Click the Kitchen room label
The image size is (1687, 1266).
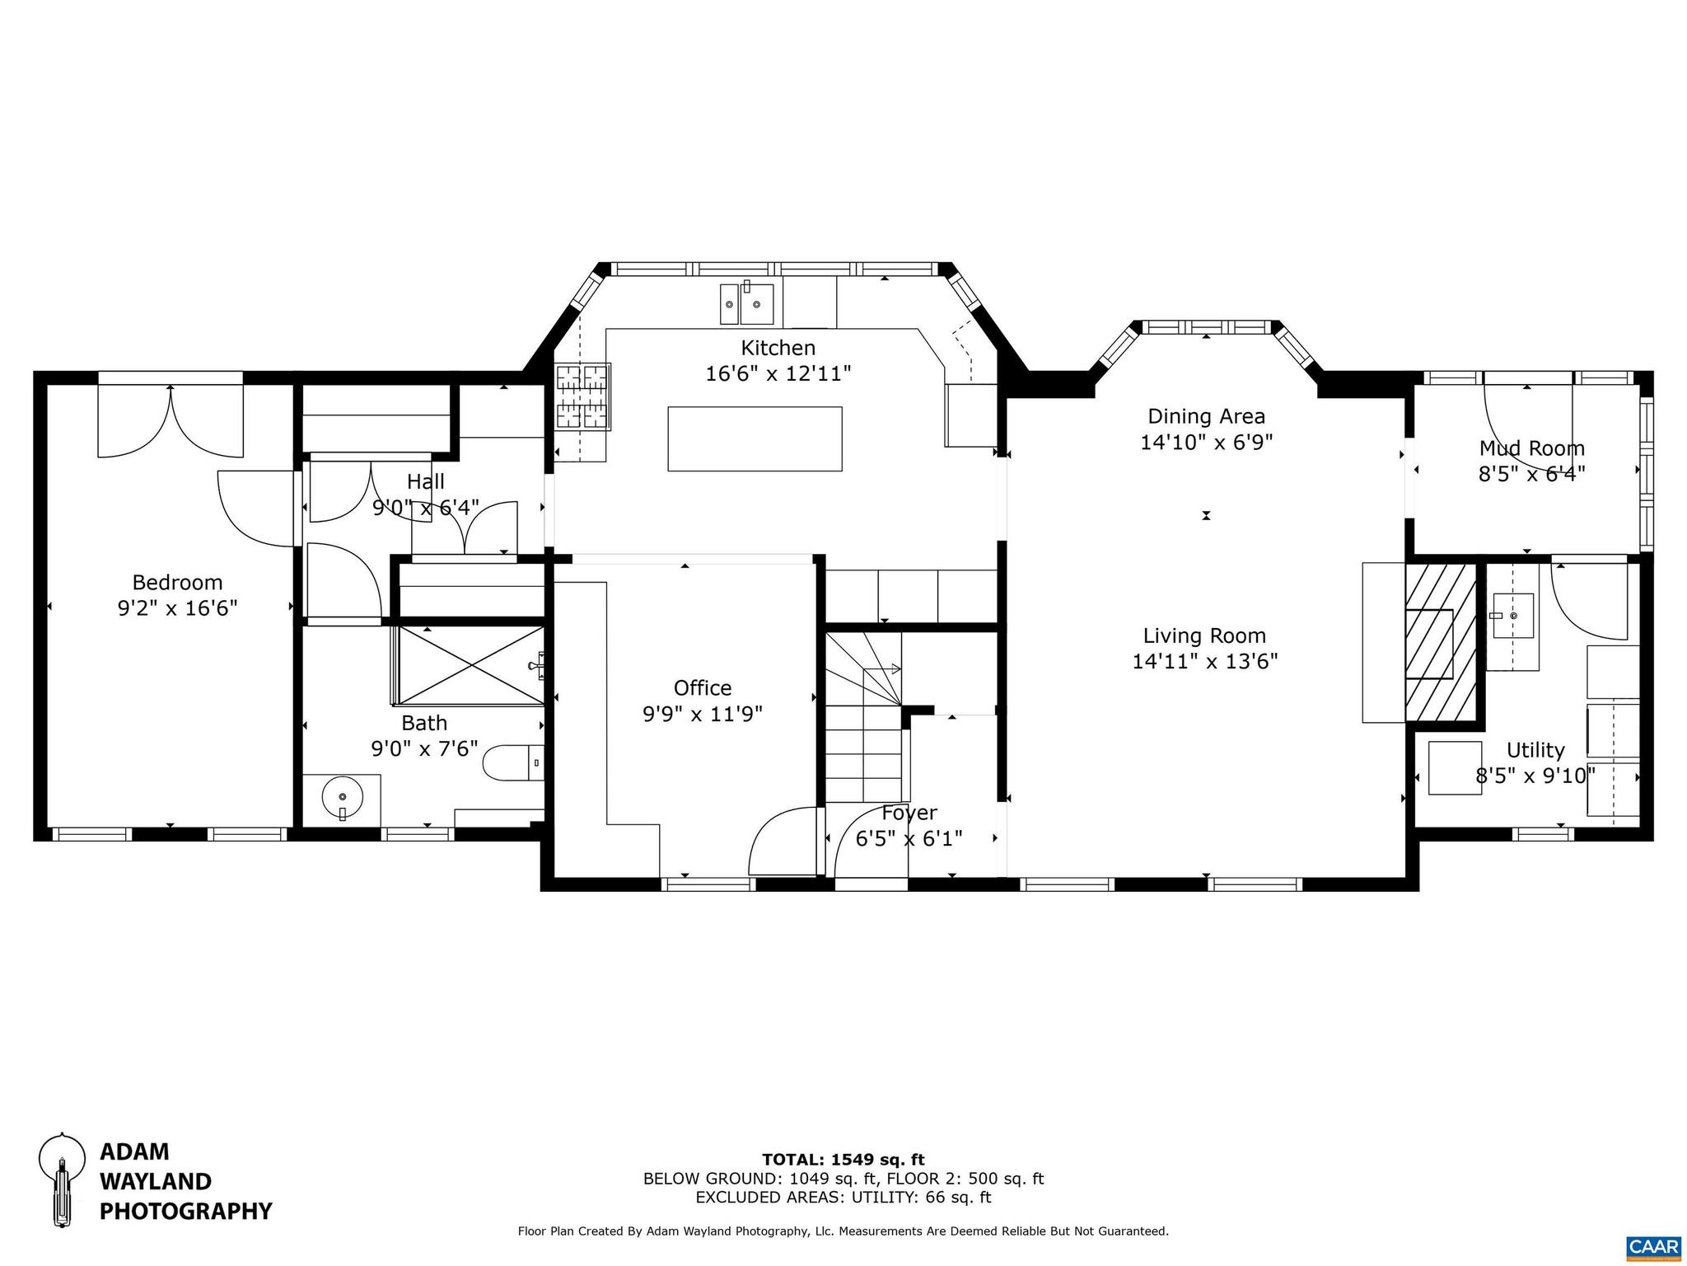point(778,348)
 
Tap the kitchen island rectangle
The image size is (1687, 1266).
point(755,438)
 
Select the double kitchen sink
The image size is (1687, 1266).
point(747,304)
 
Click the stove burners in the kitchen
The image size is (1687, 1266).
point(583,396)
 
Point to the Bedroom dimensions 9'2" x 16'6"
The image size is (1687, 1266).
point(177,608)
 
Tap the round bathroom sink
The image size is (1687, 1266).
point(342,798)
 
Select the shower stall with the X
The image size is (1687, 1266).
point(470,665)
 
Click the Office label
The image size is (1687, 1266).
point(702,687)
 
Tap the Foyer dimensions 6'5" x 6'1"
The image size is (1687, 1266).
point(909,839)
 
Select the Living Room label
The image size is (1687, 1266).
point(1204,635)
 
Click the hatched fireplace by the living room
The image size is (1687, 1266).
point(1440,643)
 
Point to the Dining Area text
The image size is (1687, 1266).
point(1206,416)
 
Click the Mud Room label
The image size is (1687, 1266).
point(1531,448)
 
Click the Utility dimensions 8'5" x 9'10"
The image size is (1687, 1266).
point(1535,776)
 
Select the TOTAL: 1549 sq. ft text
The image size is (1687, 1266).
point(843,1160)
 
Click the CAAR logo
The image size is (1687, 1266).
point(1653,1245)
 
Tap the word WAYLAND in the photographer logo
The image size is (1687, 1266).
point(156,1181)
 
